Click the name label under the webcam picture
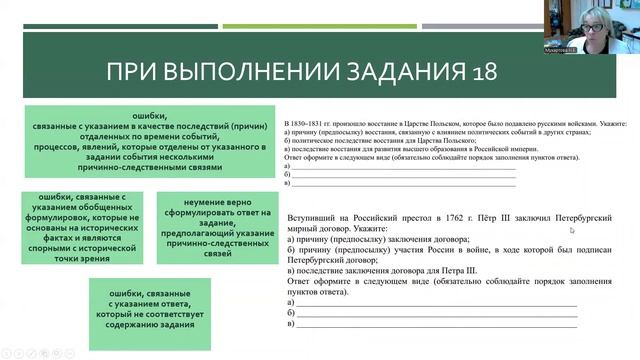pos(559,46)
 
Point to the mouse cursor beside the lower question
pos(571,229)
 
